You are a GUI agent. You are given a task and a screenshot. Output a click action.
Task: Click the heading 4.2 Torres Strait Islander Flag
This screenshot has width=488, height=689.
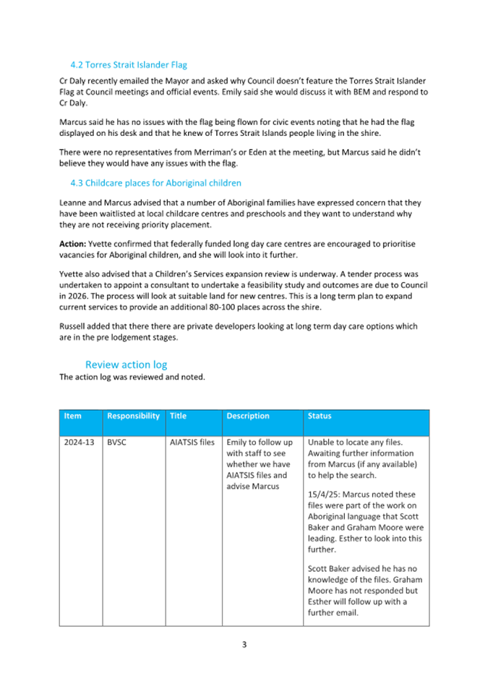(129, 64)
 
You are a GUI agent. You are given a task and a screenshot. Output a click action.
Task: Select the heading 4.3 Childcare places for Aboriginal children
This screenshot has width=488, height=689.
(155, 183)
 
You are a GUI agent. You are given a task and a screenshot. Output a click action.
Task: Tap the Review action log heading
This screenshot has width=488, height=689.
(127, 364)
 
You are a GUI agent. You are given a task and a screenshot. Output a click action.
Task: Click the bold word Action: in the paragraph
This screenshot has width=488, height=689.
(72, 244)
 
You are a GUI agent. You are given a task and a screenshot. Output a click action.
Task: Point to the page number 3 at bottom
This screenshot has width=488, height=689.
(244, 644)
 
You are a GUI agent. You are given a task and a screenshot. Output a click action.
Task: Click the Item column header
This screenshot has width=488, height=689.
(72, 416)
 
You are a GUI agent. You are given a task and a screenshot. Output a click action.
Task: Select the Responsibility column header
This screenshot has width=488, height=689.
(133, 416)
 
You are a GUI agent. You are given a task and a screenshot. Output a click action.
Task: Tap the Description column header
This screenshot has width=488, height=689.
(248, 416)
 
